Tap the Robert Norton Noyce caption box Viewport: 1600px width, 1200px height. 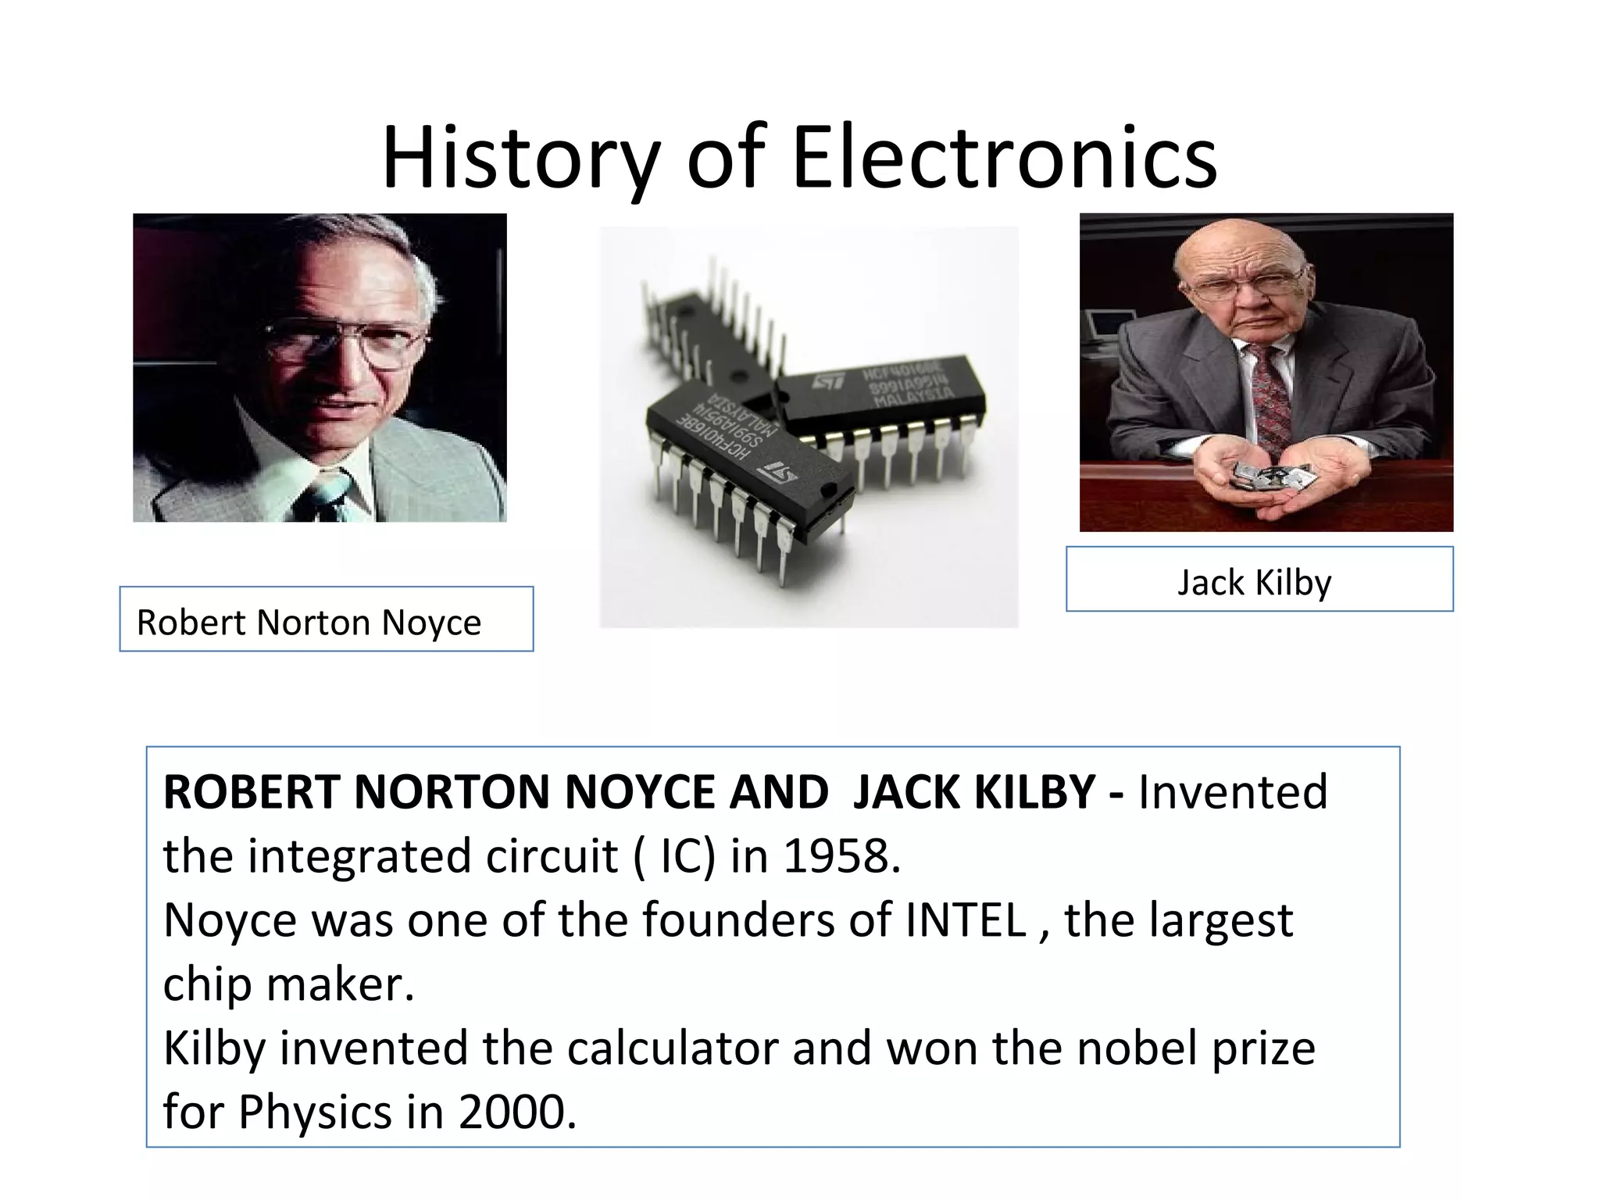326,619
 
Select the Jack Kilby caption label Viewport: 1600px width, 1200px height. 1259,580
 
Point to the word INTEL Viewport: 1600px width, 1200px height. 966,920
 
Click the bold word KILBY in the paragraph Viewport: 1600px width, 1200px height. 1034,792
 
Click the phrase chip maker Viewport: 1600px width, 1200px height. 288,984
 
